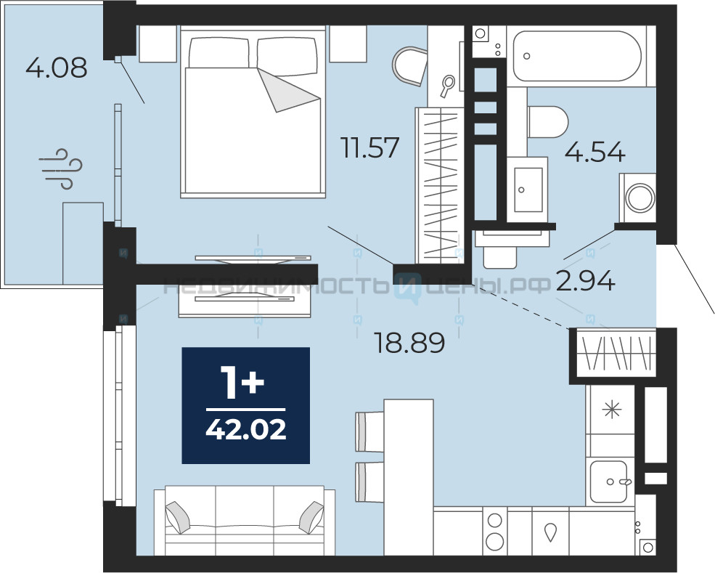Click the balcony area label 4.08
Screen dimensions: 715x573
[x=56, y=68]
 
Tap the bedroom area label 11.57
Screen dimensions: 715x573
[x=371, y=147]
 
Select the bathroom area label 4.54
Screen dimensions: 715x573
[x=595, y=152]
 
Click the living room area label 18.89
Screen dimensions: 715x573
[x=409, y=343]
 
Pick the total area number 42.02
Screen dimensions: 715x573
[x=246, y=429]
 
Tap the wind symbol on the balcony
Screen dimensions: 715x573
[x=61, y=168]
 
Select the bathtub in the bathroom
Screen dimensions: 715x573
[x=577, y=56]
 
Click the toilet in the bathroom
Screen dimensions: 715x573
[x=547, y=122]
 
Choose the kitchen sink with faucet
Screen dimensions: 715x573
[x=609, y=481]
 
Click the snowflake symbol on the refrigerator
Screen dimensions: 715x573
[x=611, y=410]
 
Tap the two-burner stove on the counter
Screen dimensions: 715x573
[x=494, y=531]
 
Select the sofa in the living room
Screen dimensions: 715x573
[x=245, y=521]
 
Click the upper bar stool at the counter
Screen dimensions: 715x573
[x=369, y=431]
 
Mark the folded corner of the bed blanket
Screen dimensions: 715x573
[x=288, y=90]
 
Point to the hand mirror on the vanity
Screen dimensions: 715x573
[x=447, y=86]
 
